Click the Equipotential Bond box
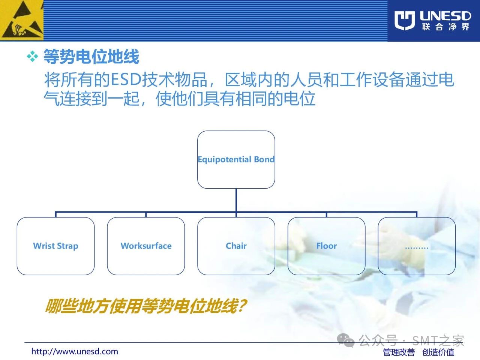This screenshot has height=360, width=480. point(236,160)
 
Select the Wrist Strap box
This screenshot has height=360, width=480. point(55,246)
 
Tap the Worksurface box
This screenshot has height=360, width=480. point(146,246)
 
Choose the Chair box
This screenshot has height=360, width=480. point(236,246)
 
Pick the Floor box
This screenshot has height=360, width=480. point(327,246)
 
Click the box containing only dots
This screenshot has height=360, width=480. point(417,246)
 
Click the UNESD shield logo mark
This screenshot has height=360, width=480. point(405,20)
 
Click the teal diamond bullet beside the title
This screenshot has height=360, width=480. point(32,56)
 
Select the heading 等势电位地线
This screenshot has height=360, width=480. point(91,56)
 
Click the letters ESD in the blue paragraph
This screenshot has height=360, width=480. point(126,79)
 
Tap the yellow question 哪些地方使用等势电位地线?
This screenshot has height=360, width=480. point(146,306)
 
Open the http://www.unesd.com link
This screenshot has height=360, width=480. point(75,351)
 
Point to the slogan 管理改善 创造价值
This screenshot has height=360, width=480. point(418,352)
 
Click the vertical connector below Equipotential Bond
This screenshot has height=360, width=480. point(236,200)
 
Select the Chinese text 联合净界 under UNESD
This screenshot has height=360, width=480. point(445,27)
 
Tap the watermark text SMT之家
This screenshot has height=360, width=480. point(438,340)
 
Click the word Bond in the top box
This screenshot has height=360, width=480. point(264,159)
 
